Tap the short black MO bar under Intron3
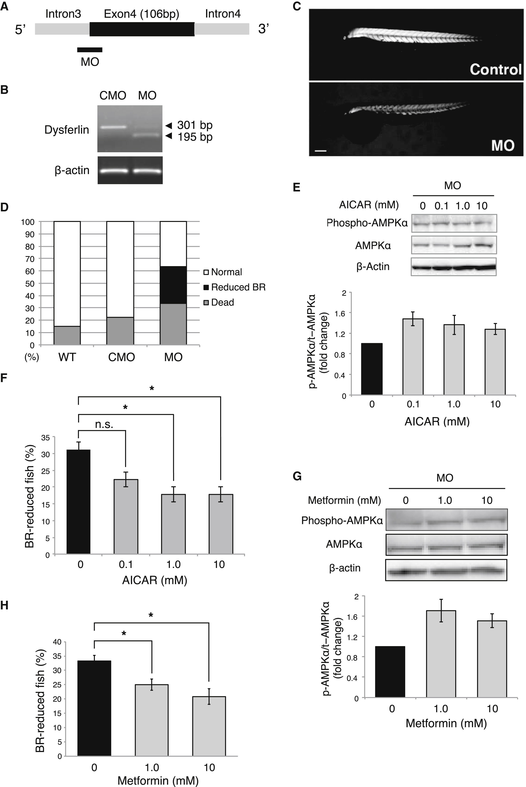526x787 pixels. [90, 50]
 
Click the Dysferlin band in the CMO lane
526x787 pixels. [113, 127]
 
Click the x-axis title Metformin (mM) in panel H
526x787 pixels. [158, 780]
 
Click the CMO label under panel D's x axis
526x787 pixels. [121, 357]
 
